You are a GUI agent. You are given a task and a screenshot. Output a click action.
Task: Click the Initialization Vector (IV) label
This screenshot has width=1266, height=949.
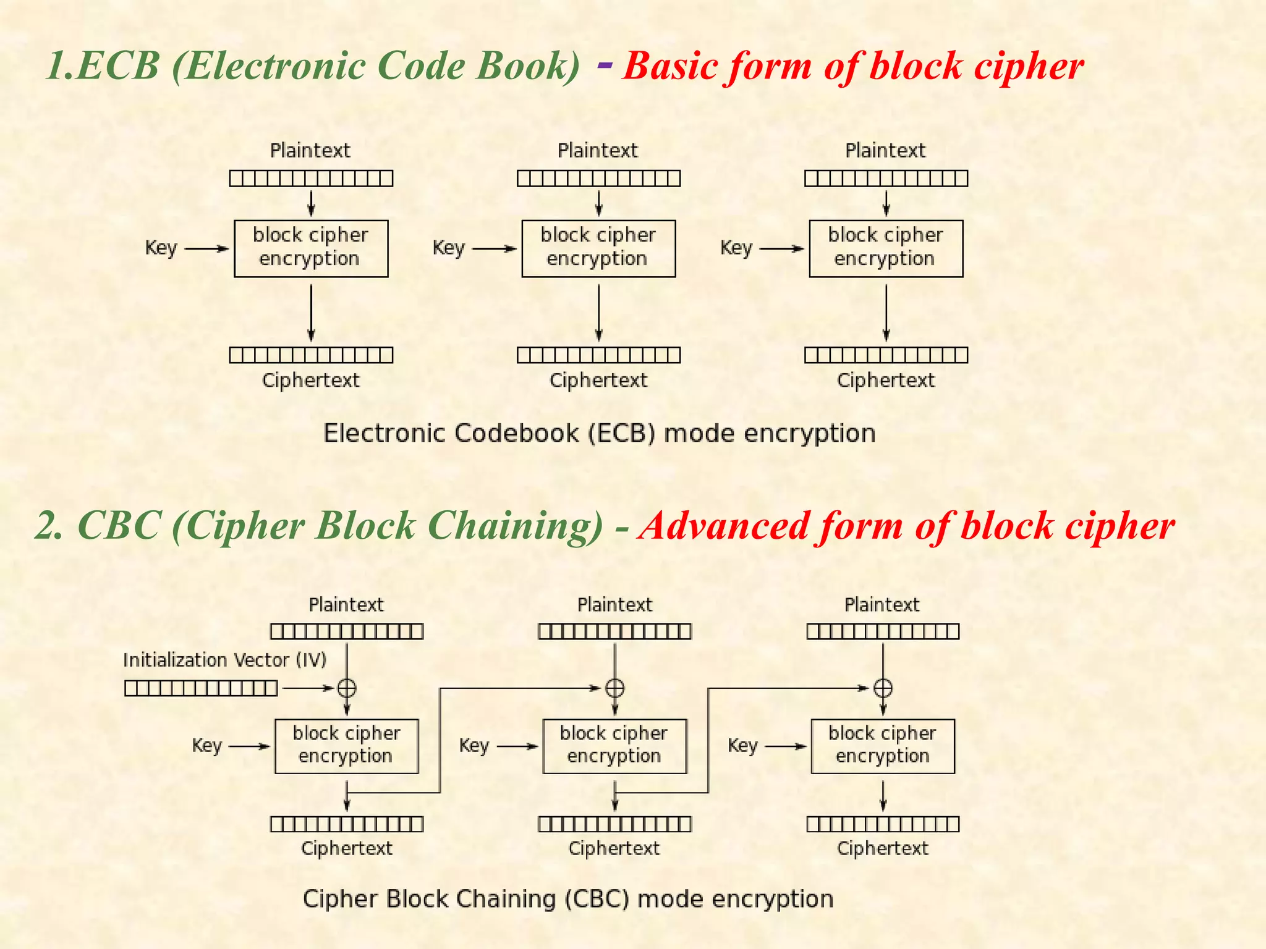(x=224, y=660)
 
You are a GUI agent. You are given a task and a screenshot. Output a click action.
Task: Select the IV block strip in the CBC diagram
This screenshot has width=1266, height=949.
(x=201, y=688)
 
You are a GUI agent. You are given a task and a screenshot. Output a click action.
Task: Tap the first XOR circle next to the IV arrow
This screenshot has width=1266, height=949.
(x=347, y=688)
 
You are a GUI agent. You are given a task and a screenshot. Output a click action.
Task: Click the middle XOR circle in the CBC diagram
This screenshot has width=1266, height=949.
(x=614, y=688)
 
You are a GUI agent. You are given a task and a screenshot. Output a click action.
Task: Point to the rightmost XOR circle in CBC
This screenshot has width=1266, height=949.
(x=883, y=688)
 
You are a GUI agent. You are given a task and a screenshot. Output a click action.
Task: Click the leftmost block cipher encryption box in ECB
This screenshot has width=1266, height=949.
(x=311, y=248)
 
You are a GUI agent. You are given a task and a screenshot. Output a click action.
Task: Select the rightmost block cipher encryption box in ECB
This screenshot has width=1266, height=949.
(x=886, y=248)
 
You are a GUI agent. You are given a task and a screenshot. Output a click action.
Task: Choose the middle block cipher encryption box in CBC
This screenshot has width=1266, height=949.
(x=614, y=746)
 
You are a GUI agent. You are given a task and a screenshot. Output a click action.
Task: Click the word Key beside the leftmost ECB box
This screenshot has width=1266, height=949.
(x=161, y=248)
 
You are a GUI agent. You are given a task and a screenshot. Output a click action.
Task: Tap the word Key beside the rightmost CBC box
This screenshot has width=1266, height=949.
(x=742, y=746)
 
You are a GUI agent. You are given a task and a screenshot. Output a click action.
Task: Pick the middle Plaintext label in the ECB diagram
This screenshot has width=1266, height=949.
(x=598, y=150)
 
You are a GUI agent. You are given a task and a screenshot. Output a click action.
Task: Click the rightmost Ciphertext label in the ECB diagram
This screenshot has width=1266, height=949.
(x=886, y=380)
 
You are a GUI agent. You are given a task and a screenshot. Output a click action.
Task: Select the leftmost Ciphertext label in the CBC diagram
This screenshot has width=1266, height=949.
(x=347, y=848)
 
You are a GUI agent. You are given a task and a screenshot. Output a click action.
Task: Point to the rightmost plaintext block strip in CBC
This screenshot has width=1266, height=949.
(x=883, y=631)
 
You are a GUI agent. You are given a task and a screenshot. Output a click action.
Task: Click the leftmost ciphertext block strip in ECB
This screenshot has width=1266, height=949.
(x=311, y=355)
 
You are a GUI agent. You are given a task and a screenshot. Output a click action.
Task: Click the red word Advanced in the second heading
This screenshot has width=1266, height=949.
(x=725, y=526)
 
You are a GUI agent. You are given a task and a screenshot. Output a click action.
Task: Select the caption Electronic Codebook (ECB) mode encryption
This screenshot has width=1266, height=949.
(x=599, y=433)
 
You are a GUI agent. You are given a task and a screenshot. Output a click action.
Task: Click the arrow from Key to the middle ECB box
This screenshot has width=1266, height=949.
(x=494, y=248)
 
